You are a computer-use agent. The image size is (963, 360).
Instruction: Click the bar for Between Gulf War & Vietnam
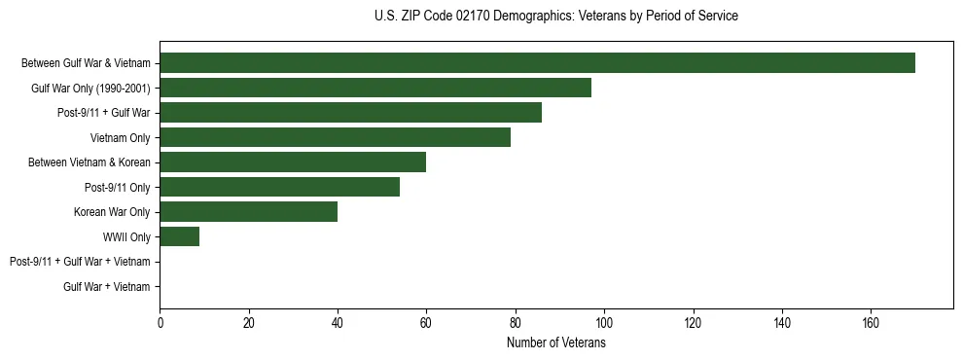[x=537, y=63]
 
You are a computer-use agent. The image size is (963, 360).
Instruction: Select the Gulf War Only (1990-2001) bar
[x=375, y=88]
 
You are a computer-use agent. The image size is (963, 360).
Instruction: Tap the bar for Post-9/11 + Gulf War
[x=350, y=113]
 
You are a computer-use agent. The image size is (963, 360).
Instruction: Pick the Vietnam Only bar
[x=335, y=137]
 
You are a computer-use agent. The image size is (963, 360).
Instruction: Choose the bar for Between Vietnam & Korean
[x=293, y=162]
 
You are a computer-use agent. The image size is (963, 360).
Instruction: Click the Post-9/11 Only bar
[x=279, y=187]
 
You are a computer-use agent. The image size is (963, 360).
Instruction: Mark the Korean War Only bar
[x=248, y=212]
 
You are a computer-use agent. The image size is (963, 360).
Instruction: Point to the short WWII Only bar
[x=179, y=236]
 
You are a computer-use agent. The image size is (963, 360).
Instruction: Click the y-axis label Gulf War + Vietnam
[x=106, y=287]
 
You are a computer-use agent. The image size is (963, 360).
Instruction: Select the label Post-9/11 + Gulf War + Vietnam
[x=80, y=262]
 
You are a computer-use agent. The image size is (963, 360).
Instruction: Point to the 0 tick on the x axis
[x=160, y=323]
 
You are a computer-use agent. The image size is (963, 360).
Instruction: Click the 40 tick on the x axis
[x=338, y=323]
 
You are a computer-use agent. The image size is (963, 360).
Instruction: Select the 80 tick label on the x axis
[x=515, y=323]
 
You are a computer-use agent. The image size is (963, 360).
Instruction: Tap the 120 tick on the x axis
[x=693, y=323]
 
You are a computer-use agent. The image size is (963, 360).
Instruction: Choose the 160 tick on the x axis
[x=871, y=323]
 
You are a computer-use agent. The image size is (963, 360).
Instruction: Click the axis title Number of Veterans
[x=555, y=343]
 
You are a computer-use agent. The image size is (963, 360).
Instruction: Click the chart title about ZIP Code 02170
[x=555, y=17]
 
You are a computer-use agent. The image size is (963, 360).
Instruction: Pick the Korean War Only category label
[x=112, y=212]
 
